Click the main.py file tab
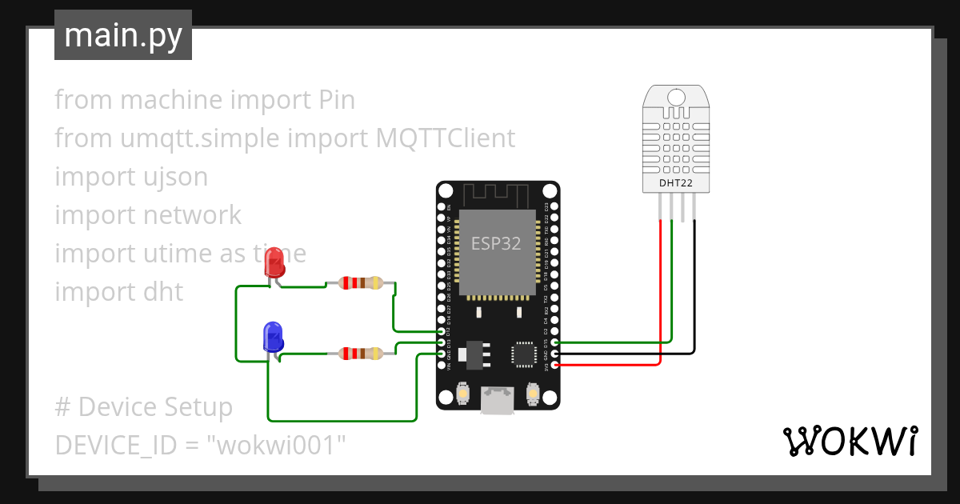coord(123,36)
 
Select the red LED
coord(275,262)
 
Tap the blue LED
coord(273,336)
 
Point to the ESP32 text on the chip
coord(496,244)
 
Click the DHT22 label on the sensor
coord(676,183)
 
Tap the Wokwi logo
coord(849,441)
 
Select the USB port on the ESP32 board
coord(497,400)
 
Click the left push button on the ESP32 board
coord(462,394)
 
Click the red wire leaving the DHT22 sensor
coord(660,296)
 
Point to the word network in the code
coord(193,215)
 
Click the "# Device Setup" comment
coord(144,407)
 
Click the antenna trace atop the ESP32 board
coord(497,194)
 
